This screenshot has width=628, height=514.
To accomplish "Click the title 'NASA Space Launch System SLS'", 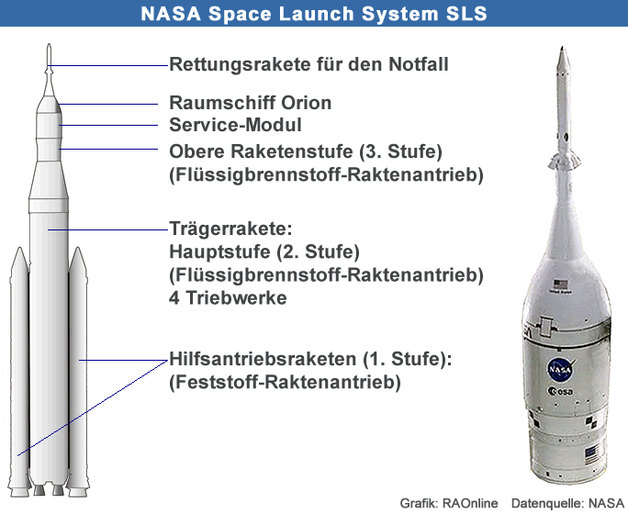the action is click(314, 13).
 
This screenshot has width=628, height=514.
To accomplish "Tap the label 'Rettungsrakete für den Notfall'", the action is click(308, 64).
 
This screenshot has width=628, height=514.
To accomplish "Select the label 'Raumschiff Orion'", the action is click(251, 103).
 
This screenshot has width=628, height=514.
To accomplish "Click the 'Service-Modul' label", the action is click(235, 125).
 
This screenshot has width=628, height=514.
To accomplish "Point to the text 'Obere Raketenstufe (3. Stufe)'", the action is click(306, 151).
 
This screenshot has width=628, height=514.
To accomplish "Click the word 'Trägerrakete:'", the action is click(230, 229).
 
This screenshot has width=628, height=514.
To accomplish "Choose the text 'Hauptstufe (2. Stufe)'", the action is click(264, 251).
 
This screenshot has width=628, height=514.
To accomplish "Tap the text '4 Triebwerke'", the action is click(228, 297).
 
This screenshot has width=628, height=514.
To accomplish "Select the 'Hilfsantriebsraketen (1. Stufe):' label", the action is click(310, 359).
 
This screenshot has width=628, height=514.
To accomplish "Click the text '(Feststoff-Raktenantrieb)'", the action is click(285, 382).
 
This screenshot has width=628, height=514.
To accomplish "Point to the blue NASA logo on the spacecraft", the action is click(560, 369).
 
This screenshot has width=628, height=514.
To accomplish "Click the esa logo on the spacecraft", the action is click(560, 392).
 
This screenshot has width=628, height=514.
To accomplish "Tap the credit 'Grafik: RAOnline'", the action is click(449, 503).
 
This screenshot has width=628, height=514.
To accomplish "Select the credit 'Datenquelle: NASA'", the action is click(567, 503).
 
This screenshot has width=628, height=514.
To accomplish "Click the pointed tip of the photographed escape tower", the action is click(563, 47).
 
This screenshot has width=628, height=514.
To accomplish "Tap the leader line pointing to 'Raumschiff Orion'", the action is click(108, 105).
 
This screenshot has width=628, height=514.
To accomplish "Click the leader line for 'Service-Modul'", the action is click(108, 126).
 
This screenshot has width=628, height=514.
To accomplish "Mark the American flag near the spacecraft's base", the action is click(591, 456).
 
